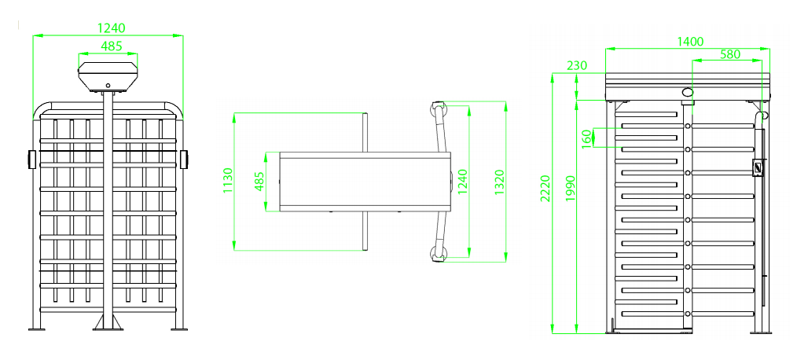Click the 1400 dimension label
pyautogui.click(x=691, y=42)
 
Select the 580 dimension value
pyautogui.click(x=730, y=54)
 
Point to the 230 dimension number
pyautogui.click(x=577, y=65)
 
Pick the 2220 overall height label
pyautogui.click(x=545, y=188)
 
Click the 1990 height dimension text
pyautogui.click(x=570, y=188)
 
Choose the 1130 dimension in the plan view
pyautogui.click(x=228, y=181)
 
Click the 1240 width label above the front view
pyautogui.click(x=112, y=28)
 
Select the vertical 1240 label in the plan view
pyautogui.click(x=462, y=182)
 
